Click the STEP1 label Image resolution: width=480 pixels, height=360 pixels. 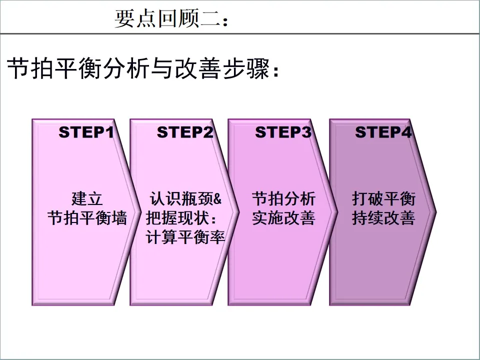click(86, 132)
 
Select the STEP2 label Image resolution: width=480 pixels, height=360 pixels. click(185, 132)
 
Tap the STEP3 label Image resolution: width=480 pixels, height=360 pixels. click(283, 132)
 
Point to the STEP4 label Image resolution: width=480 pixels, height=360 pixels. click(383, 132)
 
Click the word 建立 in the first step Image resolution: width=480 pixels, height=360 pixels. click(87, 198)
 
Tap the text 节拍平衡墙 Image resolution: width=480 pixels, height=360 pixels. click(87, 218)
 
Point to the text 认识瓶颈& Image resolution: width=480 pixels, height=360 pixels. click(185, 198)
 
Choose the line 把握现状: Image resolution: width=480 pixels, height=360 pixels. click(183, 218)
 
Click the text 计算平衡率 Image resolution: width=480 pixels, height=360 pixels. click(185, 237)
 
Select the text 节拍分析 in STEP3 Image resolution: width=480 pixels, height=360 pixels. click(283, 198)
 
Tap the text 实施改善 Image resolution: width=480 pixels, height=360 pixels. click(283, 218)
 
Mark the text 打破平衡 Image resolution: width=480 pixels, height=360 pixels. click(383, 198)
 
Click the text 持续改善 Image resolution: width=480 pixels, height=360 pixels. click(383, 218)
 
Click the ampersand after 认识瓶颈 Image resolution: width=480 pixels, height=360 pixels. click(217, 199)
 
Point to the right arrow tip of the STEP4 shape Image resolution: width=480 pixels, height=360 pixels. click(435, 212)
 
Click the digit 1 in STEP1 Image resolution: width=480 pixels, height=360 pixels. click(110, 132)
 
